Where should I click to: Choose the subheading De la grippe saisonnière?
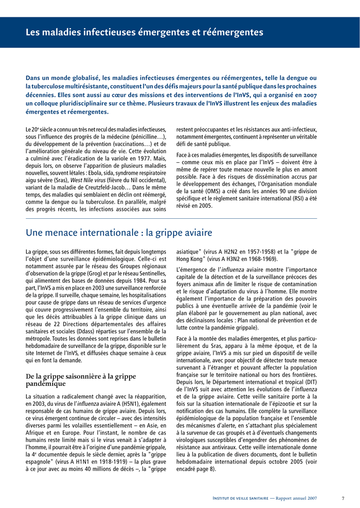(x=80, y=380)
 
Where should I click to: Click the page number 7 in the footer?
(x=343, y=498)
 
